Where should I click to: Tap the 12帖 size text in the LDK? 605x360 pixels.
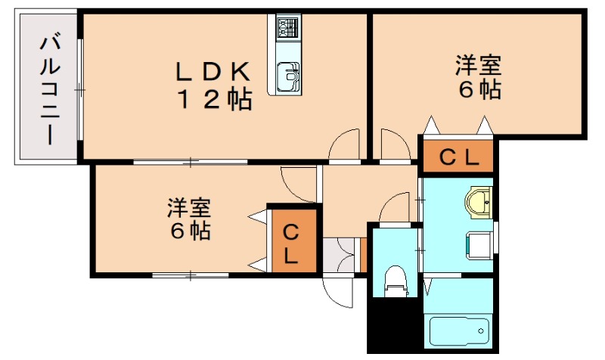[x=214, y=100]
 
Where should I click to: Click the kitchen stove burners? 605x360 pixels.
[x=288, y=29]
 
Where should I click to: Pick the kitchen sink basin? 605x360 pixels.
[x=287, y=76]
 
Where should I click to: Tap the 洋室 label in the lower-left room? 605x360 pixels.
[x=189, y=206]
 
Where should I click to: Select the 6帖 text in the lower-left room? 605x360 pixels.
[x=189, y=231]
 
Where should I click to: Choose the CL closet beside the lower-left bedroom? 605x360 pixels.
[x=290, y=244]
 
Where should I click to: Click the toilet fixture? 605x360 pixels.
[x=396, y=280]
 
